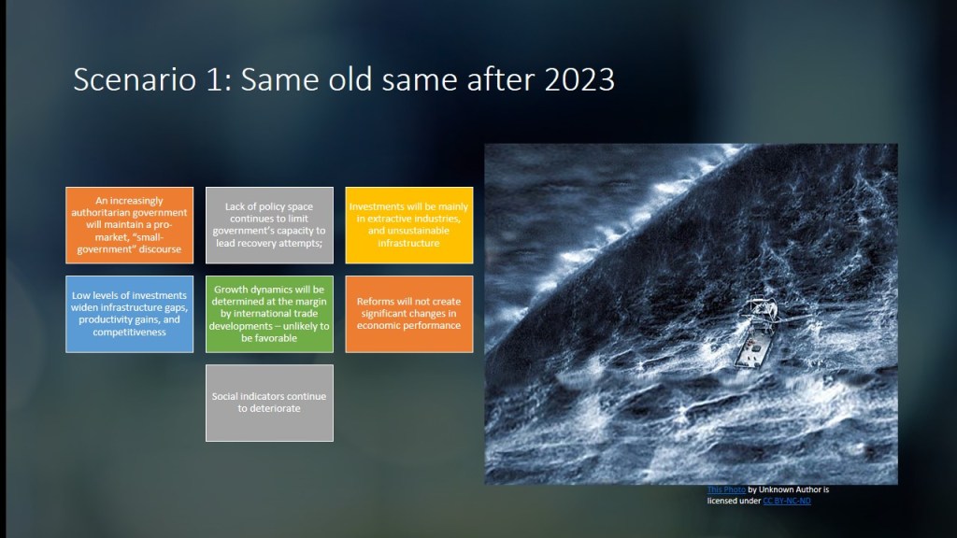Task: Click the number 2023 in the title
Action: click(x=579, y=79)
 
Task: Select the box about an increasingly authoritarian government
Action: click(x=129, y=225)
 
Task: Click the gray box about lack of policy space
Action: click(x=269, y=225)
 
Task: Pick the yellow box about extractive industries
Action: click(x=409, y=225)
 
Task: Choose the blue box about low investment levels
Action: click(x=129, y=314)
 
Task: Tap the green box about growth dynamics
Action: click(x=269, y=314)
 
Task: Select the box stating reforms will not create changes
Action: click(x=409, y=314)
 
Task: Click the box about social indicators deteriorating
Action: click(x=269, y=403)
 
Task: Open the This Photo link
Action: click(x=726, y=489)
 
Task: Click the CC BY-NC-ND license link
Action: click(x=787, y=501)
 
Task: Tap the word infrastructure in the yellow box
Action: click(x=408, y=243)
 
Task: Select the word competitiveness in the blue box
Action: click(x=129, y=333)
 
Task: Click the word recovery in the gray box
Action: click(x=259, y=244)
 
